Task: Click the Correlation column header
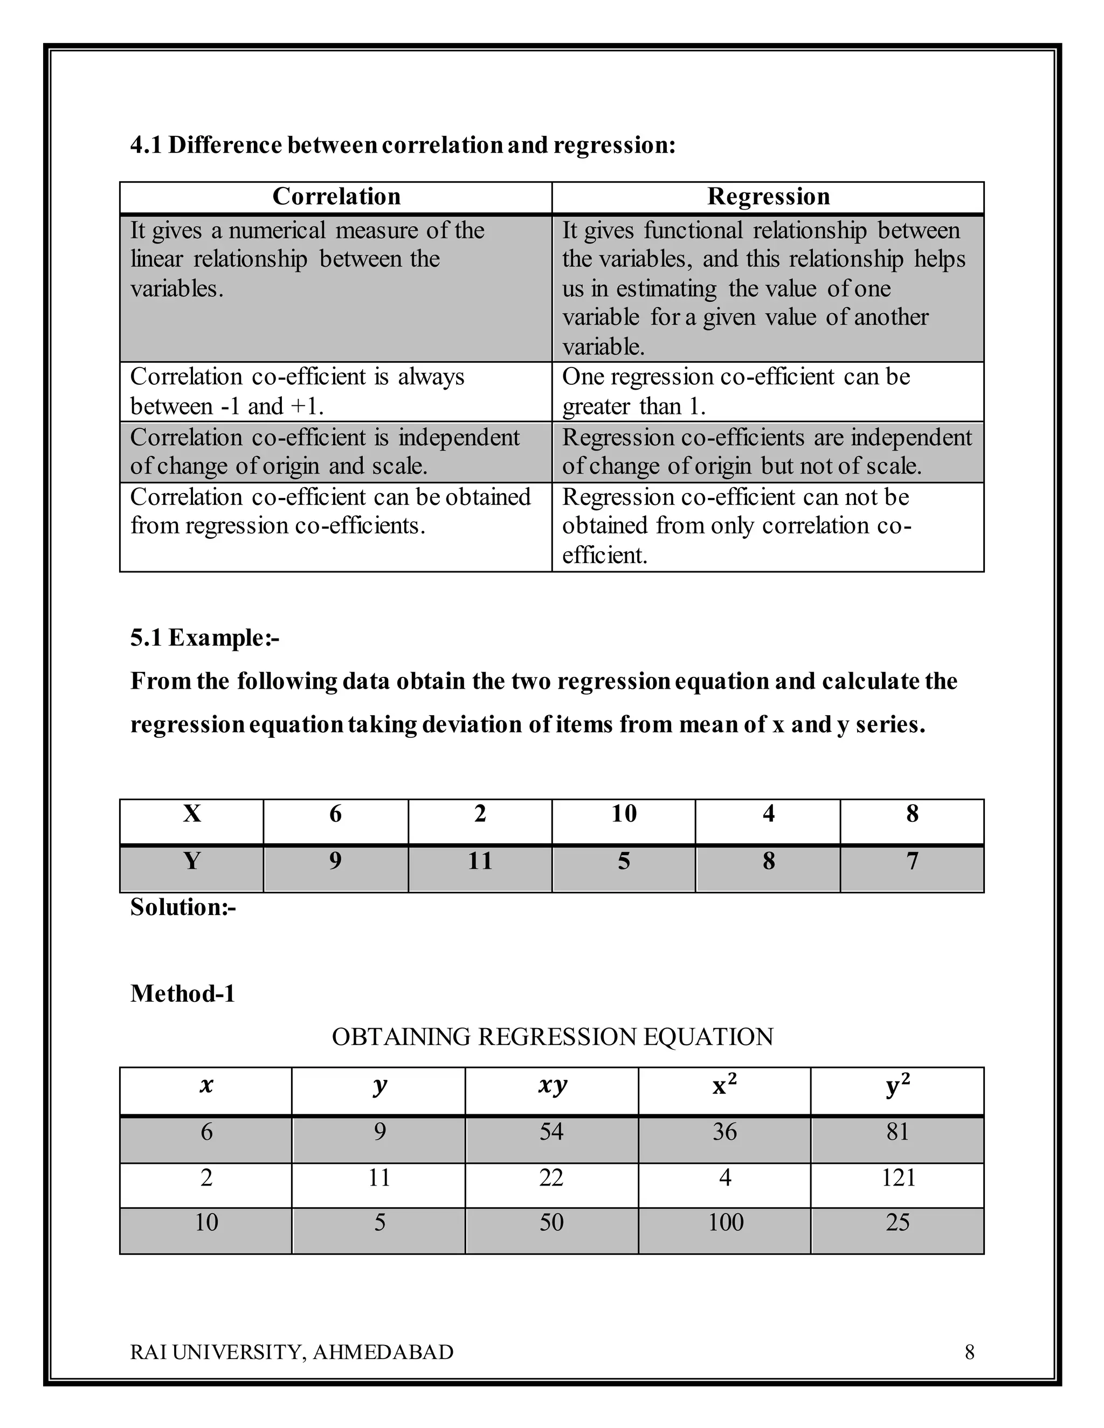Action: coord(336,197)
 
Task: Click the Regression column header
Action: coord(769,197)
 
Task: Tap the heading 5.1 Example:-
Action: coord(205,637)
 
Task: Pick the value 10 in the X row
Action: coord(623,814)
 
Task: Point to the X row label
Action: coord(191,814)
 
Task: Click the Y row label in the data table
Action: coord(191,861)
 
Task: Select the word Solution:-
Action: coord(183,907)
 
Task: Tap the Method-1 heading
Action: coord(183,994)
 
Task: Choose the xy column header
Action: coord(552,1086)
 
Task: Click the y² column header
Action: coord(898,1086)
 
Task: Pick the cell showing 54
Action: coord(551,1132)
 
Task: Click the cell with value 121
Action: coord(898,1177)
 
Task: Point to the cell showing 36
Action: coord(724,1132)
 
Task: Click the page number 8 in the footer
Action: coord(969,1352)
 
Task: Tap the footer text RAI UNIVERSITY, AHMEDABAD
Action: coord(292,1352)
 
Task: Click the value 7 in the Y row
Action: coord(912,861)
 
